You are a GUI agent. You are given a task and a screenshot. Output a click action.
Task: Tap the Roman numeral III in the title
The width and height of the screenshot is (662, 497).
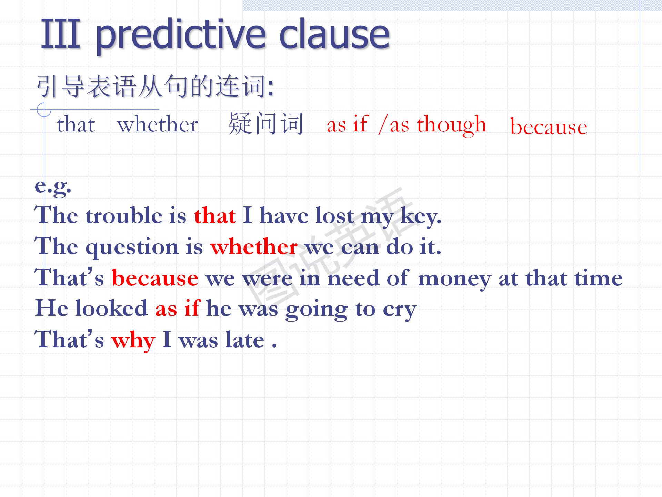[61, 33]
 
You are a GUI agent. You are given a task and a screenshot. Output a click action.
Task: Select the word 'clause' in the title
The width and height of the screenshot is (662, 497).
[334, 33]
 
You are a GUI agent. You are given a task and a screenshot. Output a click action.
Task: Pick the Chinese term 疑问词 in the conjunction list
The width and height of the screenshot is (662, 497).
[266, 124]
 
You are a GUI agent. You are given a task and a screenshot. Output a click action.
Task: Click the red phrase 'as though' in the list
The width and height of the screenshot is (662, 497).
[438, 124]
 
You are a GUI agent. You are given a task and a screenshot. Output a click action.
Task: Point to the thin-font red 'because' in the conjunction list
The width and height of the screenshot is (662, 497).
[549, 126]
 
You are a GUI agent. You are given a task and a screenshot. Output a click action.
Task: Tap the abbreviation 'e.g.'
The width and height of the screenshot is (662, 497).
[53, 187]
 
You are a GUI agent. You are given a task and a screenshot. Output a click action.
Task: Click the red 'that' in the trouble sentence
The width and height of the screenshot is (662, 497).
[215, 216]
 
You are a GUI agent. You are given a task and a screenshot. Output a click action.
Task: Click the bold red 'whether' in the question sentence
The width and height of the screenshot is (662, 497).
[254, 247]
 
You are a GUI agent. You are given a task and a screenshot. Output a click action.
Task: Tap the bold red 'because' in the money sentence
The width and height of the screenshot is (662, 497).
[155, 278]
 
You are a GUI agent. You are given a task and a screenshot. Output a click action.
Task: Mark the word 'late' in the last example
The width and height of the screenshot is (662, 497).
[244, 339]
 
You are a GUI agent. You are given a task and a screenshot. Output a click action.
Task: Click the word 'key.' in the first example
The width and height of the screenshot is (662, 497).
[421, 216]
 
